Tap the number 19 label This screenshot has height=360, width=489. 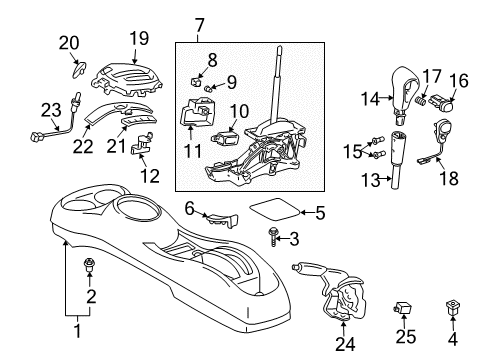138,38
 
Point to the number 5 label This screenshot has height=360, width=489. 320,212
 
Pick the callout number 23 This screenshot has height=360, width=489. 50,111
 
